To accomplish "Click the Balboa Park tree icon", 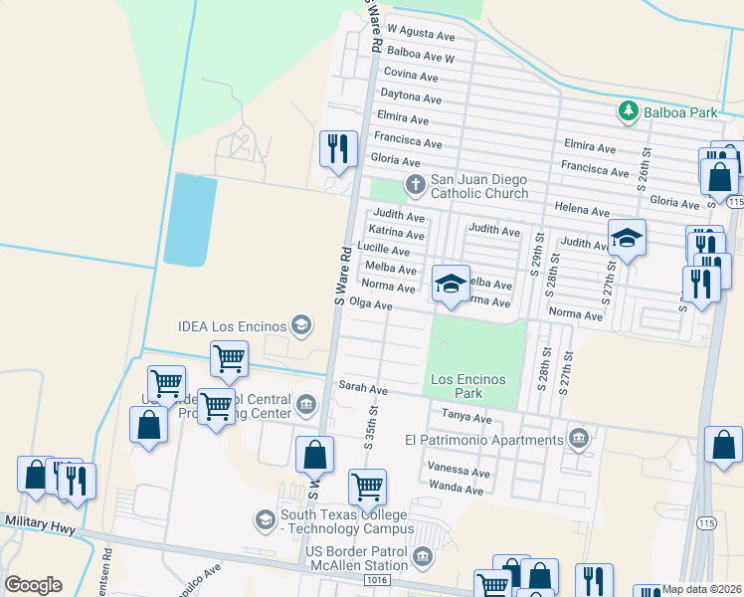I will [x=628, y=111].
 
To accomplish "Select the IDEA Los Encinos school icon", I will [x=299, y=325].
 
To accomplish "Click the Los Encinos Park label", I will [x=467, y=386].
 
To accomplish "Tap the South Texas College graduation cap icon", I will [x=265, y=520].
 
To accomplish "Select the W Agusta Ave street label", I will [x=421, y=33].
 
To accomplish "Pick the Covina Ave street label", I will [x=410, y=76].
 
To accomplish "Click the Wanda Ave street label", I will [x=456, y=488].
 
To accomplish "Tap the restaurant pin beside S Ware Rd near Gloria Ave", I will [x=338, y=149].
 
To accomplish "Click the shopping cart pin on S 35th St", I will [x=367, y=488].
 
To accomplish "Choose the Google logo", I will [x=33, y=585].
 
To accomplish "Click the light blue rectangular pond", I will [x=189, y=219].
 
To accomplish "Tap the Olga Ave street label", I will [x=371, y=305].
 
